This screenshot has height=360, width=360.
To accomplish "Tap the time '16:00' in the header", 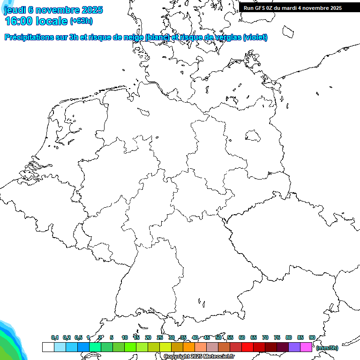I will pos(18,21).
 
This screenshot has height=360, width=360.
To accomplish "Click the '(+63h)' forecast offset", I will pos(81,21).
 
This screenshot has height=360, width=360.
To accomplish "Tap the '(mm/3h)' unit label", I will pos(327,348).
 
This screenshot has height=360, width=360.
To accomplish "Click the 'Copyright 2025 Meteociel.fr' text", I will pos(199,357).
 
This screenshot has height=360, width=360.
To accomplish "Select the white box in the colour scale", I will pos(48,347).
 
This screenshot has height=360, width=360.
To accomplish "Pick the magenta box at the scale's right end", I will pos(306,347).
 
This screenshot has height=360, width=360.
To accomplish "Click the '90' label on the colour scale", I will pos(312,337).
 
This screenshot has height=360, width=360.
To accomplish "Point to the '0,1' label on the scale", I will pos(55,337).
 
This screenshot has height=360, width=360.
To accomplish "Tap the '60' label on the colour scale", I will pos(242,337).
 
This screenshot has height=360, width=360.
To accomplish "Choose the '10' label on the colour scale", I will pos(125,337).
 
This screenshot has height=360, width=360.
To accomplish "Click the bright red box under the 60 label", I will pos(247,347).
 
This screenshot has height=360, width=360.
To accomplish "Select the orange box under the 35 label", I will pos(189,347).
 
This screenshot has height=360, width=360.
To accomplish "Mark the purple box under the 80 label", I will pos(294,347).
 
